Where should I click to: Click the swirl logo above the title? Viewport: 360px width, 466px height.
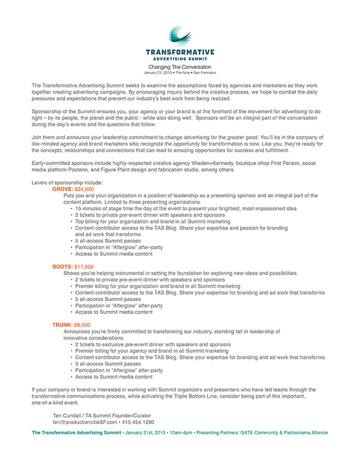pos(180,36)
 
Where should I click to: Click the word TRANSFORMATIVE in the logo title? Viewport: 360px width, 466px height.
pos(180,52)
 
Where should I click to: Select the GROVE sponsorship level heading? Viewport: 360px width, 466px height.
pos(62,189)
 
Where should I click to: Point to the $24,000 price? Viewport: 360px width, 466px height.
pos(84,189)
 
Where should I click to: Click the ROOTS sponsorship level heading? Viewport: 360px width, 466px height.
pos(62,267)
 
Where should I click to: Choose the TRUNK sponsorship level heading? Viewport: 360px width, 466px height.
pos(63,325)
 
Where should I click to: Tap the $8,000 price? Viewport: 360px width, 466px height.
pos(83,325)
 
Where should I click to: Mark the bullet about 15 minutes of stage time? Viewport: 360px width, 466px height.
pos(186,208)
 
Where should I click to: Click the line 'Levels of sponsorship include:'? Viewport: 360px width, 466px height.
pos(68,183)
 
